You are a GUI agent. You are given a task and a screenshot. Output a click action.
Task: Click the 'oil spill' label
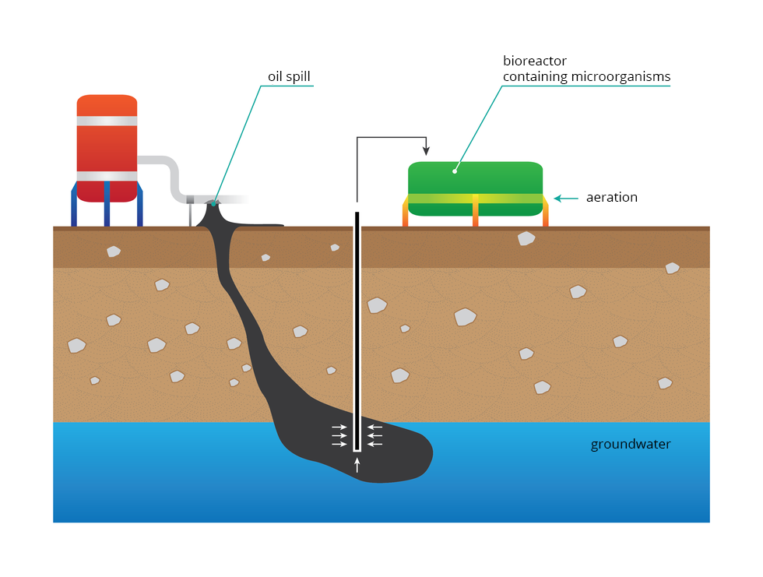[289, 76]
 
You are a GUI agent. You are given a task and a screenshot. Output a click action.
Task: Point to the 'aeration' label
[611, 198]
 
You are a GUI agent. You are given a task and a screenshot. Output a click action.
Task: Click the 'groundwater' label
[630, 445]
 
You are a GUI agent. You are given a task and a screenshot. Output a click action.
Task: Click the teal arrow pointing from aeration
[566, 199]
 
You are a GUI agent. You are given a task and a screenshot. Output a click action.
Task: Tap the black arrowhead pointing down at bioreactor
[425, 150]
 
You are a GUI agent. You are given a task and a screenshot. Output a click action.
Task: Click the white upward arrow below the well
[357, 466]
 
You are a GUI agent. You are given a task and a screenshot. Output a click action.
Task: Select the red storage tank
[107, 148]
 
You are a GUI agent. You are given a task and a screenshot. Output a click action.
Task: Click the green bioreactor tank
[475, 179]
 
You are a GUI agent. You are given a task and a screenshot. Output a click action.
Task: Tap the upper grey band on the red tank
[107, 121]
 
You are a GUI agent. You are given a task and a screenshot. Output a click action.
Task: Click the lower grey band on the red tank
[107, 176]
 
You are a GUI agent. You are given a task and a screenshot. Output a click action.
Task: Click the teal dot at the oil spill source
[213, 203]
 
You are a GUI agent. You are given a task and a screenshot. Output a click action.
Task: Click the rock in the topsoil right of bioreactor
[526, 238]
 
